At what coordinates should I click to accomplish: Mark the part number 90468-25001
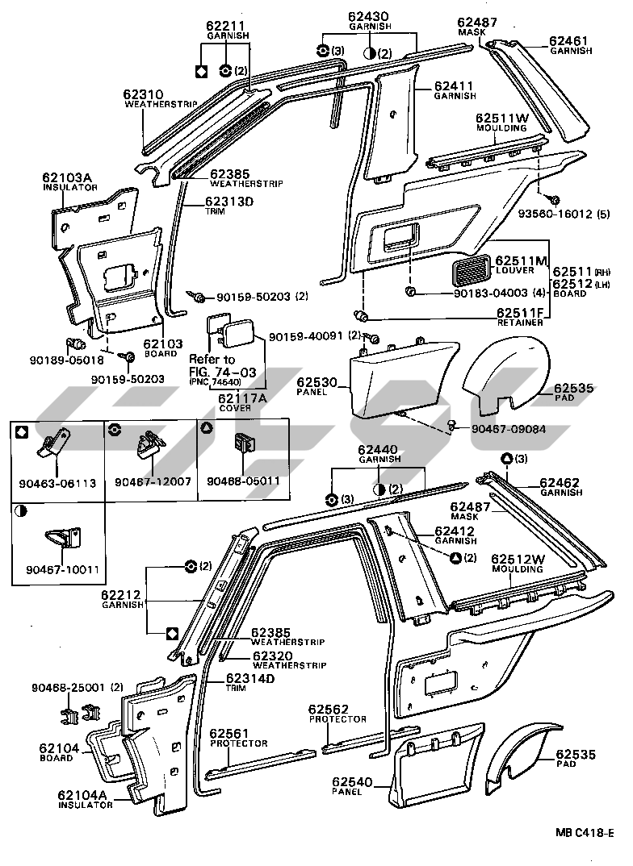pyautogui.click(x=69, y=687)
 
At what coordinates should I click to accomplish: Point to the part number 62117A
pyautogui.click(x=229, y=397)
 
